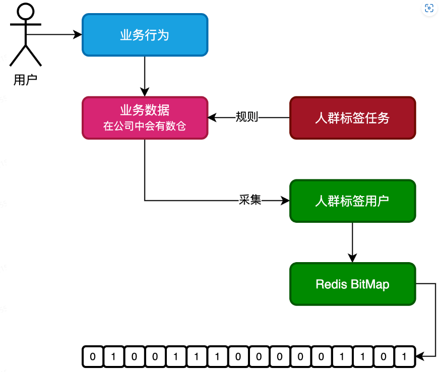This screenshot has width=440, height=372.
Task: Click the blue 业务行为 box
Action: tap(145, 35)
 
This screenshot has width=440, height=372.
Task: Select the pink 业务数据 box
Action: tap(145, 117)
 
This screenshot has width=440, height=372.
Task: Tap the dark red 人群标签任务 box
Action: tap(352, 118)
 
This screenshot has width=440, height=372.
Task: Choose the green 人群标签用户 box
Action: tap(352, 201)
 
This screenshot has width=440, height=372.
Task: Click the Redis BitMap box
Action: tap(352, 284)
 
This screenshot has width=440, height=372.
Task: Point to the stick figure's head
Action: tap(25, 11)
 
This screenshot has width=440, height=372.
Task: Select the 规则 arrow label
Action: tap(247, 117)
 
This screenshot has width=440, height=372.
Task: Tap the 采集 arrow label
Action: tap(250, 200)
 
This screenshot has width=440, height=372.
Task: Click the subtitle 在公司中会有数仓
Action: tap(145, 126)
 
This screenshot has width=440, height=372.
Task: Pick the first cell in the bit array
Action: tap(92, 356)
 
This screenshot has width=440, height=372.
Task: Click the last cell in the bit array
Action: tap(404, 356)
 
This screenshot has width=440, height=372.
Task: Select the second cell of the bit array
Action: tap(113, 356)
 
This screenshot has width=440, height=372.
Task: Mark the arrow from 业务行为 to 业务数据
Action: tap(145, 76)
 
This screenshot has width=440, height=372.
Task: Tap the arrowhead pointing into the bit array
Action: tap(419, 356)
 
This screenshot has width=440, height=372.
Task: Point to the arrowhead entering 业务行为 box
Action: tap(78, 35)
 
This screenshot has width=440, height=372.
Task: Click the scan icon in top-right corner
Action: tap(429, 8)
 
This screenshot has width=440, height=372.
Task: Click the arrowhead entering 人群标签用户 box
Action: tap(285, 201)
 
